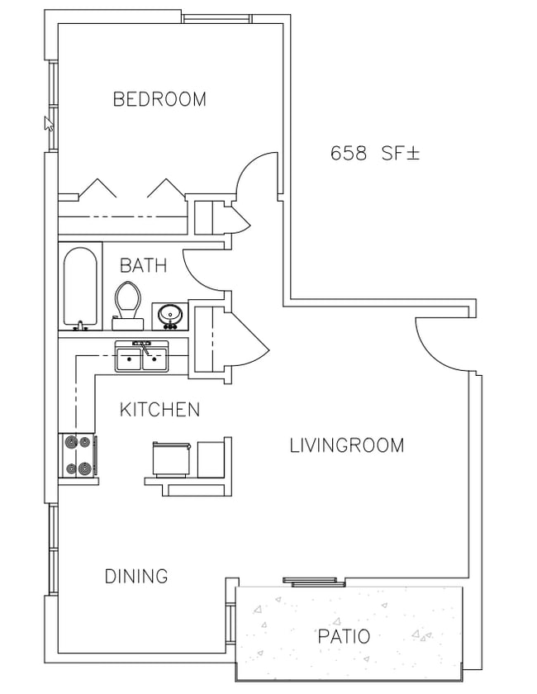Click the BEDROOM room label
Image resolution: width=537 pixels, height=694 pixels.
159,99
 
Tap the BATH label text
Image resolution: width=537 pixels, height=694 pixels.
144,265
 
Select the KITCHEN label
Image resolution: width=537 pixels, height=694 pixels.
159,410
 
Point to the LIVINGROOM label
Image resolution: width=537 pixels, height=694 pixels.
347,445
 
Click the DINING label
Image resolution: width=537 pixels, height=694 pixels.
136,577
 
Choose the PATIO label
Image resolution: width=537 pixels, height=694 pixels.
344,636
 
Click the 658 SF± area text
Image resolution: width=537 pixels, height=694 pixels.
374,154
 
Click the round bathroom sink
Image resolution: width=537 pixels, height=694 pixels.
170,316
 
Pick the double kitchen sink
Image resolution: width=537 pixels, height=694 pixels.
141,356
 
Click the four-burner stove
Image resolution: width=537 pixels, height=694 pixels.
78,456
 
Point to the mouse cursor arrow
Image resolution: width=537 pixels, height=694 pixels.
49,124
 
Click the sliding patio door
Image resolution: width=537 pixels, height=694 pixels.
314,582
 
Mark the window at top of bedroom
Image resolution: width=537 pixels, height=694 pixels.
217,18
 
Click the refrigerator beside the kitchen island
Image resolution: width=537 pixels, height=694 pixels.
171,459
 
